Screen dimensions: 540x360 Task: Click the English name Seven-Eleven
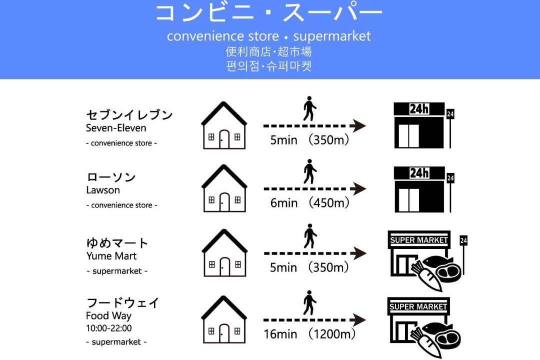(x=116, y=128)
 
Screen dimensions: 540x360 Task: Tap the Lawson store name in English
(x=103, y=190)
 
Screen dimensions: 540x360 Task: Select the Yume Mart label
(x=111, y=256)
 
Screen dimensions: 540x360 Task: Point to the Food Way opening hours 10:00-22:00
(x=109, y=328)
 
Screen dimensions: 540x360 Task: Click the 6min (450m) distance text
(x=309, y=202)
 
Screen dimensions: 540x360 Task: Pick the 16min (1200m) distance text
(x=309, y=334)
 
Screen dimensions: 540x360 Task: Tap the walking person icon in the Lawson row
(x=310, y=171)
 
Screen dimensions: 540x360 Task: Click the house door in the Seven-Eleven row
(x=224, y=139)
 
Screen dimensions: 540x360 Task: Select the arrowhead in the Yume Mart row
(x=358, y=253)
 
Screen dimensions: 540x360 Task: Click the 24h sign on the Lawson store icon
(x=419, y=172)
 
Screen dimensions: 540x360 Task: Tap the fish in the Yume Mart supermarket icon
(x=436, y=261)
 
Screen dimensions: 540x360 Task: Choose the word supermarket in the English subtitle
(x=331, y=36)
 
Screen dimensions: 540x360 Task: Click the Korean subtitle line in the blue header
(x=269, y=66)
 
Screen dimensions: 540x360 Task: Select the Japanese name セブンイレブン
(x=129, y=114)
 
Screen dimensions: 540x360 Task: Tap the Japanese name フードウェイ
(x=122, y=303)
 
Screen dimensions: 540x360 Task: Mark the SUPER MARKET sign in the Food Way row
(x=418, y=306)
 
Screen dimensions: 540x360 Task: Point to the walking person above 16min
(x=309, y=302)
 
